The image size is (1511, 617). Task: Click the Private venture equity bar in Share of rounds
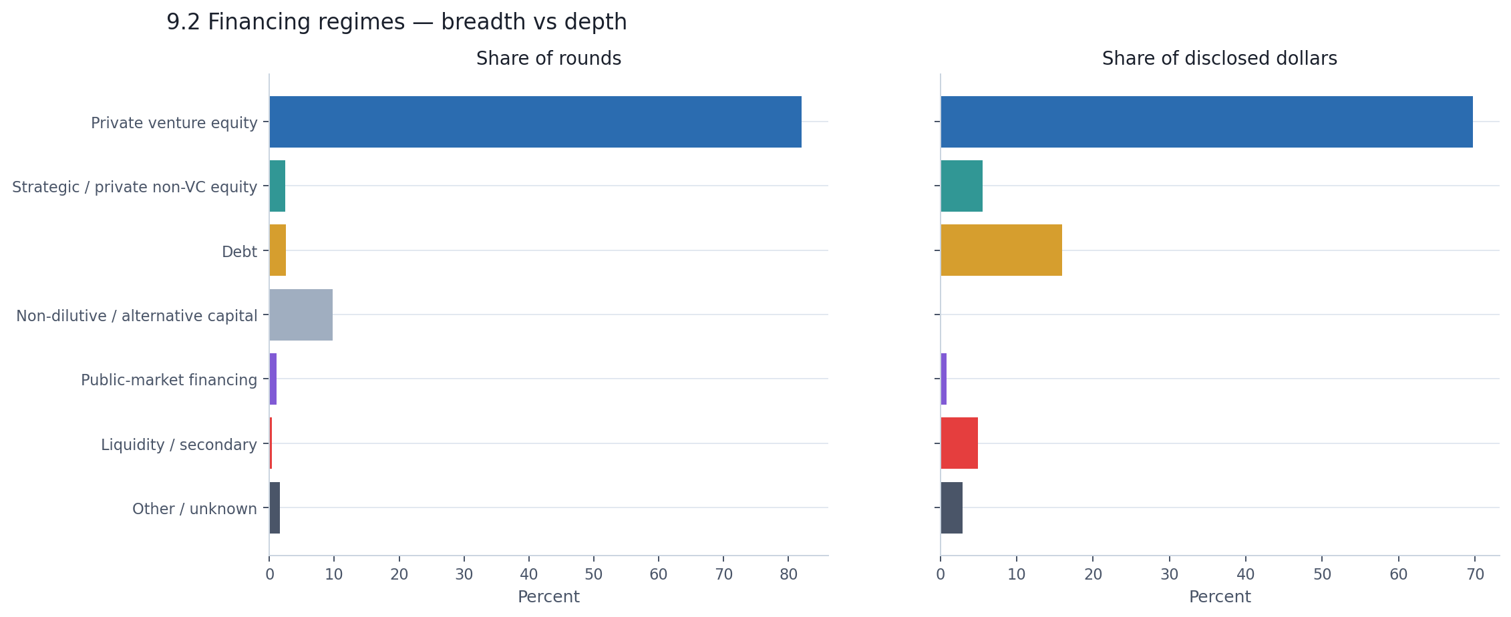534,122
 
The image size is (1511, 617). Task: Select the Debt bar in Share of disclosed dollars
1001,250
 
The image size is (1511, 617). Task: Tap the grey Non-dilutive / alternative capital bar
301,315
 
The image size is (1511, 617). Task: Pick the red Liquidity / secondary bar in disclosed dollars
959,443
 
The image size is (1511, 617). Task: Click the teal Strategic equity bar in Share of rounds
277,186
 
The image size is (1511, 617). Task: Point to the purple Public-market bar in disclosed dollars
943,379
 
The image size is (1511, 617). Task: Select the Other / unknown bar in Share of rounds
275,507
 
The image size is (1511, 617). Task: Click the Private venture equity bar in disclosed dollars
1206,122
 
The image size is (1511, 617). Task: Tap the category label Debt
239,252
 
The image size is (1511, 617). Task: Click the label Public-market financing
168,380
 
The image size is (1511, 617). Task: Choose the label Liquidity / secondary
178,445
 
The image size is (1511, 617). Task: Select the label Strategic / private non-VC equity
134,187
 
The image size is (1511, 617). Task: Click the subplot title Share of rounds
548,59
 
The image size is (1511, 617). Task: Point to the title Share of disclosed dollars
1219,59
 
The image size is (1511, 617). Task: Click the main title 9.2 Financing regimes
396,22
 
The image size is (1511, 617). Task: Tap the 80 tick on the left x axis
788,574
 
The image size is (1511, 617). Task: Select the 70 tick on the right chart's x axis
1475,574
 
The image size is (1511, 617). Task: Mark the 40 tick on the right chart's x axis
1246,574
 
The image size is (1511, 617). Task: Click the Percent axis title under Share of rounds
548,597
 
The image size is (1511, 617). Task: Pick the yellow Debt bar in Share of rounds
277,250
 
